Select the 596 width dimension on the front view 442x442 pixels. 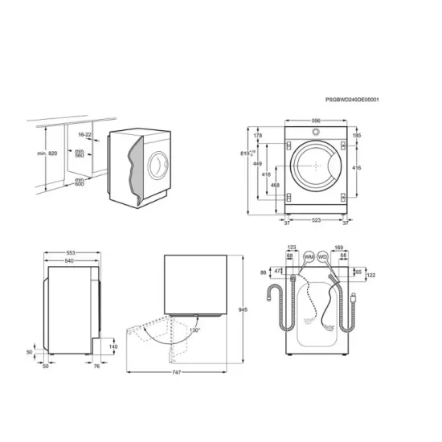[x=316, y=121]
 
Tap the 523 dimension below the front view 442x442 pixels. [x=317, y=219]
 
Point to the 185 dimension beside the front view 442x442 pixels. [x=357, y=136]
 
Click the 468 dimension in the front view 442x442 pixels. [x=276, y=186]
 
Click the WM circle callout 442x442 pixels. [x=309, y=256]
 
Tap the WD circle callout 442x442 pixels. [x=323, y=256]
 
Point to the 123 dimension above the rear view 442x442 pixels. [x=292, y=248]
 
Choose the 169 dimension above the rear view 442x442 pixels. [x=338, y=248]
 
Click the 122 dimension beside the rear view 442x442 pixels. [x=370, y=275]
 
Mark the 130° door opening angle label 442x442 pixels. [x=194, y=329]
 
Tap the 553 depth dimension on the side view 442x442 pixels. [x=70, y=252]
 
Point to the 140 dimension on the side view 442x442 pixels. [x=113, y=346]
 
